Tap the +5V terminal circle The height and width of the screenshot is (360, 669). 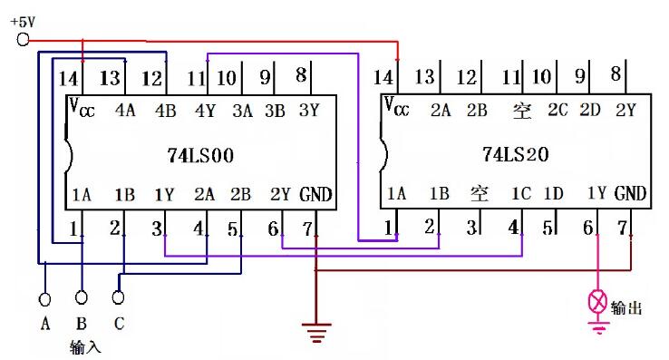pyautogui.click(x=23, y=39)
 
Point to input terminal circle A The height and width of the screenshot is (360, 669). pyautogui.click(x=44, y=297)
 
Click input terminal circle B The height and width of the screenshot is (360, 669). pyautogui.click(x=82, y=297)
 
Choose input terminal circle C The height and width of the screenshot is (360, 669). pyautogui.click(x=119, y=297)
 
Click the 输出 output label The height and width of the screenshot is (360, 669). pyautogui.click(x=626, y=308)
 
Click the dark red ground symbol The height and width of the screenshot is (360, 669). pyautogui.click(x=315, y=333)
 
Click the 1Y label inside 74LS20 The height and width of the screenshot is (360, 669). pyautogui.click(x=596, y=193)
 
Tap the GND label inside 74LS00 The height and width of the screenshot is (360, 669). pyautogui.click(x=315, y=194)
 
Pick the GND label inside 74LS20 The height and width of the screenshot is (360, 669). pyautogui.click(x=630, y=193)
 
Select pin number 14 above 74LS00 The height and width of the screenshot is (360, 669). pyautogui.click(x=68, y=80)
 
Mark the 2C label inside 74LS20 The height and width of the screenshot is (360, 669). pyautogui.click(x=558, y=112)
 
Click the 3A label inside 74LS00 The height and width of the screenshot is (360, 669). pyautogui.click(x=241, y=112)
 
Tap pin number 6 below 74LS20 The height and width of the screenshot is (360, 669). pyautogui.click(x=587, y=227)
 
